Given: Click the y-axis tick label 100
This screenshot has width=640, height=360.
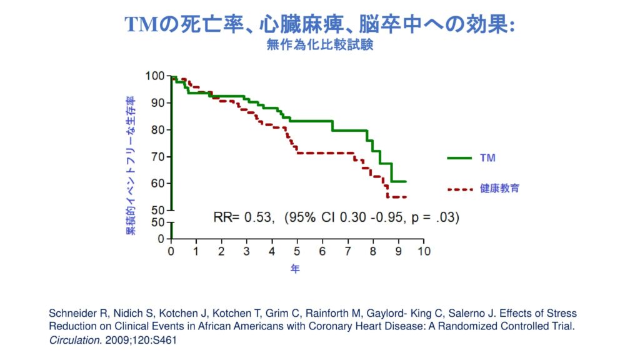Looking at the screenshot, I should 154,76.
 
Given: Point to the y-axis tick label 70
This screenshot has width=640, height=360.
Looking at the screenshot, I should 157,157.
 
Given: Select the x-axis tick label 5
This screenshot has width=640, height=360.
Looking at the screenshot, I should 297,251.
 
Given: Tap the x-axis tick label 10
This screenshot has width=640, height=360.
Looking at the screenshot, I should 424,251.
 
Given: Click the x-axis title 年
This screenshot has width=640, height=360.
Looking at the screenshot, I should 295,269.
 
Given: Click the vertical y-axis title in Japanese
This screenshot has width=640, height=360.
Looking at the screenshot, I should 131,166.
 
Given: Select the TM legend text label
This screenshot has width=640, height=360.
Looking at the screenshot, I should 487,158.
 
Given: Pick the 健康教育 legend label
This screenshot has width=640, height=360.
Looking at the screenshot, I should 499,188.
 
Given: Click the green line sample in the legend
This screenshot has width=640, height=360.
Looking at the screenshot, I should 459,158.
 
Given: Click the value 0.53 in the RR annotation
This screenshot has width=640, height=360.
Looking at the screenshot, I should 257,217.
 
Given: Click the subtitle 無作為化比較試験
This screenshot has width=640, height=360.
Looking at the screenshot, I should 319,45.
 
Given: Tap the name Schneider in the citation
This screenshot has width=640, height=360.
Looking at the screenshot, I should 69,313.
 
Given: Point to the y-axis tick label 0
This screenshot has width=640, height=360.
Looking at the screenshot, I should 161,239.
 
